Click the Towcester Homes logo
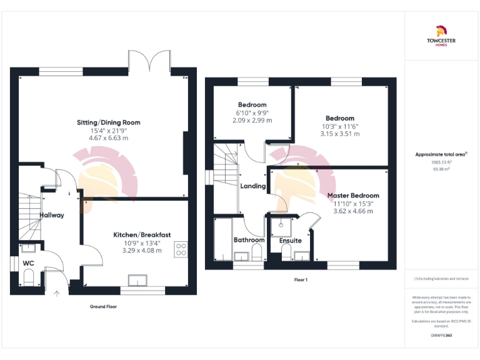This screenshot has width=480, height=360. coord(441,35)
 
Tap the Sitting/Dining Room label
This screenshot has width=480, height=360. coord(109,122)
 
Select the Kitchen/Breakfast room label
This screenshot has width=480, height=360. coord(142,234)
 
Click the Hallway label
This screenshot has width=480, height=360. coord(52,215)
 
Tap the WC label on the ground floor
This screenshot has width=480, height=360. coord(28,264)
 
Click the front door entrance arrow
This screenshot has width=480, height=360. coord(57,292)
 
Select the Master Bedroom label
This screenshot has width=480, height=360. coord(353,196)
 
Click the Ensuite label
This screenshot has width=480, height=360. coord(290,241)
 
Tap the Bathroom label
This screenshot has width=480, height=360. coord(249,240)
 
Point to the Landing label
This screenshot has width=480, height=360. coord(253,186)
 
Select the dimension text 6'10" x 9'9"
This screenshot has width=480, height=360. coord(252,112)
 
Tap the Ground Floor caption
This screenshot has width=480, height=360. coord(102,307)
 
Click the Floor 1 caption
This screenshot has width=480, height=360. coord(301,279)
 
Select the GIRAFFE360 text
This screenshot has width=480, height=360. coord(441,336)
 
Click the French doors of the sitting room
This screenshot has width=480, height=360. coord(149,61)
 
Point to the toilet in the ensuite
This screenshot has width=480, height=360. coord(286,252)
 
